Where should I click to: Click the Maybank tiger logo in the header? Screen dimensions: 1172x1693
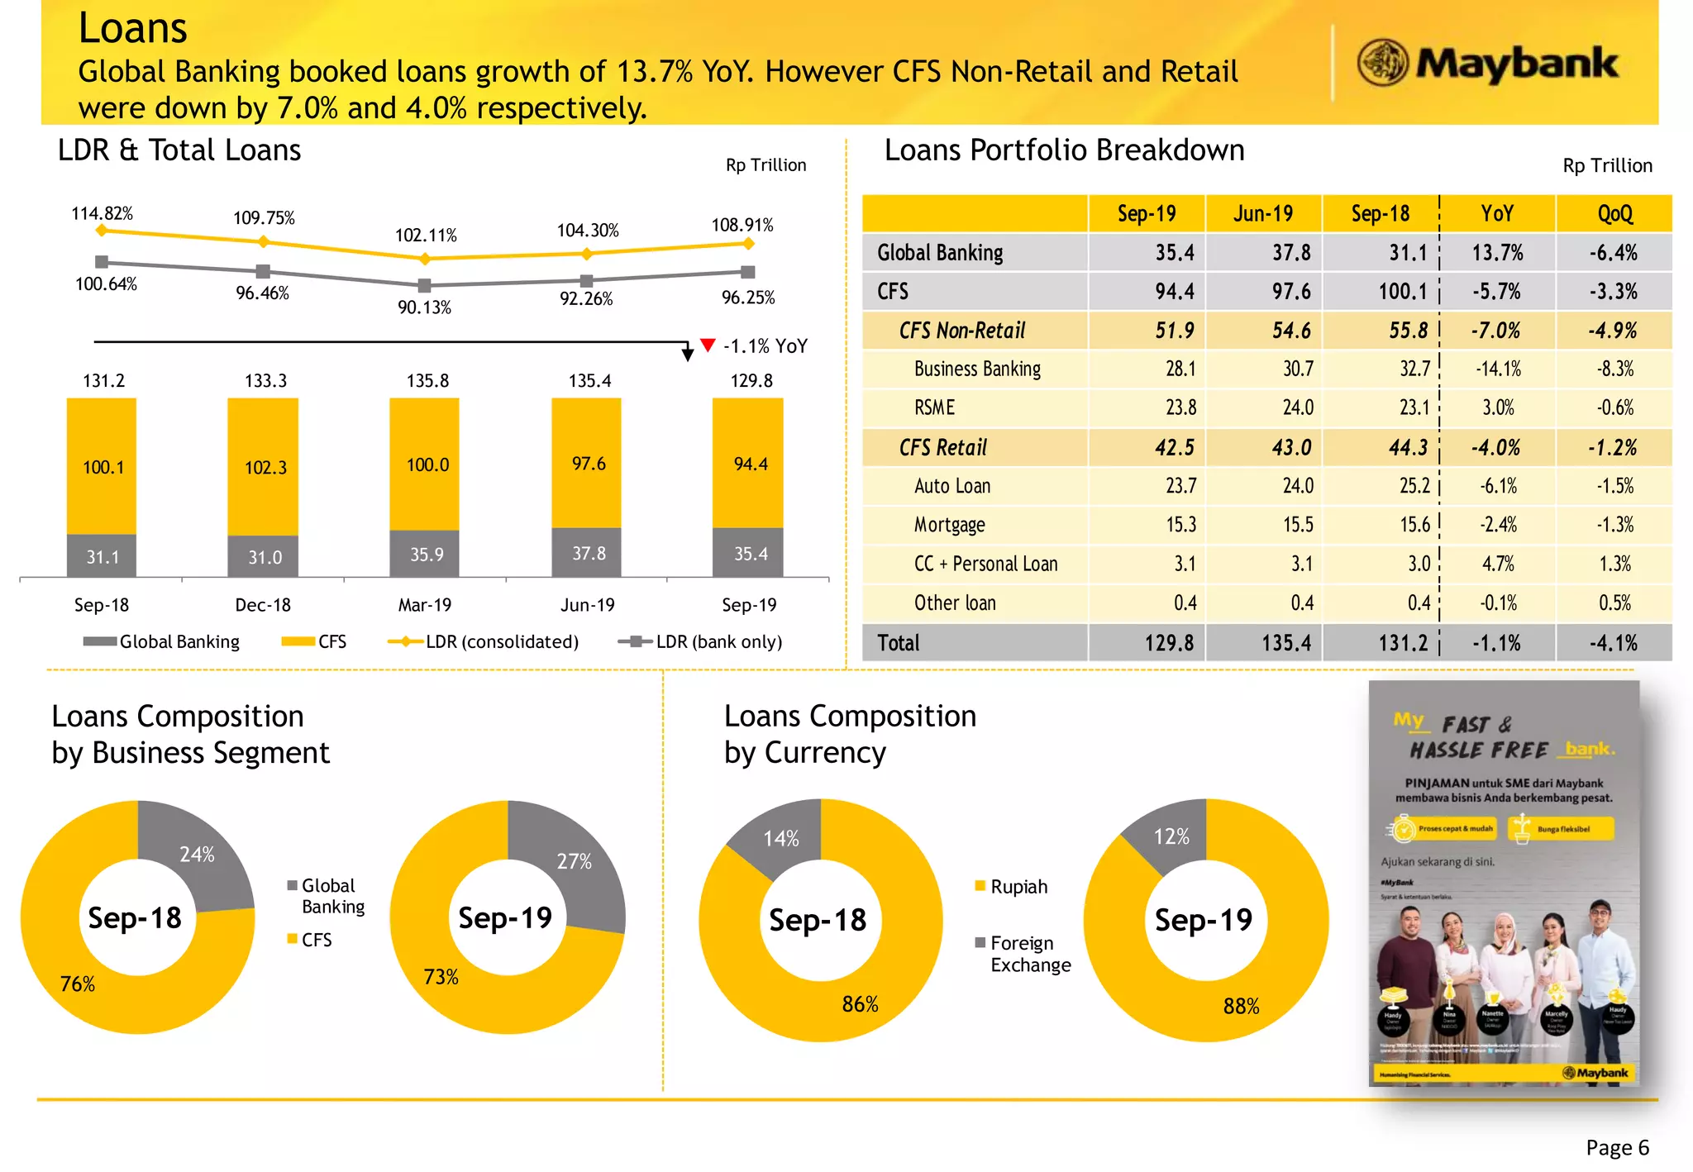click(x=1382, y=63)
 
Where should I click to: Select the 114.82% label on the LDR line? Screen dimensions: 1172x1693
click(x=102, y=213)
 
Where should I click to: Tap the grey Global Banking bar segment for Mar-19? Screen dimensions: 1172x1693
click(x=425, y=554)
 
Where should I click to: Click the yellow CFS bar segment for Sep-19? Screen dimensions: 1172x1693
click(x=748, y=463)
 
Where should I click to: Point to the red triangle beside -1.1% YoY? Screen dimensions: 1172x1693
click(x=708, y=345)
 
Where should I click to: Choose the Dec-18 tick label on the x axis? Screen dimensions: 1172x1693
click(x=263, y=605)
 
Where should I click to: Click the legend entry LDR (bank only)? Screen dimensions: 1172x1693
click(x=718, y=641)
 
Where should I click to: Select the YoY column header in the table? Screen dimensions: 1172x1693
click(x=1496, y=214)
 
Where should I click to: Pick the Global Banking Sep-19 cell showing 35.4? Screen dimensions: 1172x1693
click(x=1174, y=253)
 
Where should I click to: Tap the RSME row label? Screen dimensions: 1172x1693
click(x=934, y=407)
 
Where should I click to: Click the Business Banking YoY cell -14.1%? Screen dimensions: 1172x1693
click(x=1498, y=369)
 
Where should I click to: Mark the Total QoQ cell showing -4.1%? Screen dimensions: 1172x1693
click(x=1613, y=643)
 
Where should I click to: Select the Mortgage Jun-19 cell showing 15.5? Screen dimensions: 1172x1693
click(x=1297, y=525)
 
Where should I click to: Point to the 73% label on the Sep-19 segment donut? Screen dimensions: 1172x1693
click(x=441, y=977)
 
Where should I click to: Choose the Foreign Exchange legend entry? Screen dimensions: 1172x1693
click(x=1029, y=954)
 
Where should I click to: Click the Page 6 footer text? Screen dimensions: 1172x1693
click(x=1617, y=1147)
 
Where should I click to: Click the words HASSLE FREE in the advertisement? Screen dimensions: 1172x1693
click(x=1479, y=750)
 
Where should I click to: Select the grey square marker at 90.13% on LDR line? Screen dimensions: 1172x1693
click(x=425, y=286)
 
